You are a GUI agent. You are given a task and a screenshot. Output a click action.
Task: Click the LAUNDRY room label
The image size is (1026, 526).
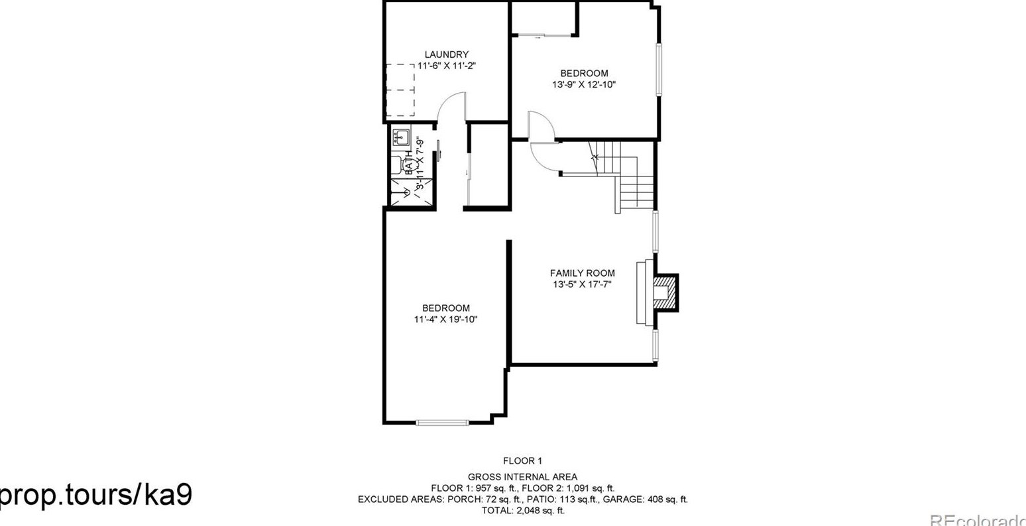[446, 54]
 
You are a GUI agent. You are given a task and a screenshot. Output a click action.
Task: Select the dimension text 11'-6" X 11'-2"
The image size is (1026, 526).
[446, 66]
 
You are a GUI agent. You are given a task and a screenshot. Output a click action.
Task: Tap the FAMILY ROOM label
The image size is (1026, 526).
[582, 273]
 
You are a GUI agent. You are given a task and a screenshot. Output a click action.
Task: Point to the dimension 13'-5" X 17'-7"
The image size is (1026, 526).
[582, 284]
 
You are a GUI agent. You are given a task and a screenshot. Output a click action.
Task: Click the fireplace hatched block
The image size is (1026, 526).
[664, 291]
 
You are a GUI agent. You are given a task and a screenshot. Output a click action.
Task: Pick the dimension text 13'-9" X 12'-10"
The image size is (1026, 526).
[584, 84]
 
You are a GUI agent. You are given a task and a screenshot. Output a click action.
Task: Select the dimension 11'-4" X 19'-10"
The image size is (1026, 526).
[445, 319]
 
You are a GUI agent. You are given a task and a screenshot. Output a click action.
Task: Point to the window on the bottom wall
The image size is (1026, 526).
[442, 422]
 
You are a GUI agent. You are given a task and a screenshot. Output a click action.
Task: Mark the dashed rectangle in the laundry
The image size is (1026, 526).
[400, 90]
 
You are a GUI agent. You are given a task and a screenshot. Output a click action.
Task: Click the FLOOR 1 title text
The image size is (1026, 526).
[522, 460]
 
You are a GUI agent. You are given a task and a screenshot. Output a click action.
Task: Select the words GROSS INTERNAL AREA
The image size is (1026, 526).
[522, 476]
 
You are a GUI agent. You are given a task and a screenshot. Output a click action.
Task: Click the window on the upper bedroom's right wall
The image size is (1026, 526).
[659, 70]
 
